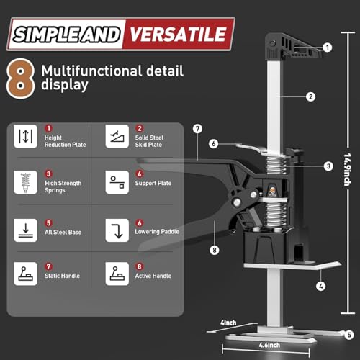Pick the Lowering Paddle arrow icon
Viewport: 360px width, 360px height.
pyautogui.click(x=116, y=229)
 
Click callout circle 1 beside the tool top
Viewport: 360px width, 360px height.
pyautogui.click(x=328, y=47)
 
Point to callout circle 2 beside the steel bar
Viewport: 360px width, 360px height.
pyautogui.click(x=311, y=96)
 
